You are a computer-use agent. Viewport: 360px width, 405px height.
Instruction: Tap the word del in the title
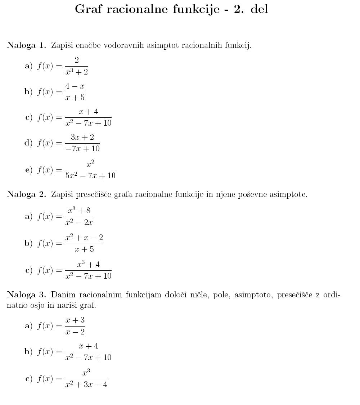click(x=259, y=9)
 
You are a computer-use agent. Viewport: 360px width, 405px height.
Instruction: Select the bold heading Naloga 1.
click(x=27, y=45)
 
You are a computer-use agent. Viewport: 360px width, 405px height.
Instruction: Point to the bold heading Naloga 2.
click(x=27, y=195)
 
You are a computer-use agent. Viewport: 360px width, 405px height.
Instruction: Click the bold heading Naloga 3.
click(x=27, y=295)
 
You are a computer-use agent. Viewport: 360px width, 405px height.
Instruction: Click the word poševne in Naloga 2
click(x=259, y=195)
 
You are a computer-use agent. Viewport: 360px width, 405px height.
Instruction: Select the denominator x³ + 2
click(x=76, y=72)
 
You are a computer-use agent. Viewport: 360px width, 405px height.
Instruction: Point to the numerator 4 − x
click(x=75, y=86)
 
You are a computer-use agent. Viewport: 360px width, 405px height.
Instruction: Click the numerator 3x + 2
click(x=82, y=137)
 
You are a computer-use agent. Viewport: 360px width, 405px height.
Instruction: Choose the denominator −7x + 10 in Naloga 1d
click(x=82, y=148)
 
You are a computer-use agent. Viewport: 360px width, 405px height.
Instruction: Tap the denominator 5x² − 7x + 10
click(x=90, y=176)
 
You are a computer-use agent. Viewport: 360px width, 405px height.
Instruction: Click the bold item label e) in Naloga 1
click(x=29, y=170)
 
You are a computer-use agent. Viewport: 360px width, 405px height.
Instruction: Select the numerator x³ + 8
click(x=79, y=211)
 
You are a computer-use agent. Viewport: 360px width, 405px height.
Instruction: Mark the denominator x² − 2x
click(x=79, y=222)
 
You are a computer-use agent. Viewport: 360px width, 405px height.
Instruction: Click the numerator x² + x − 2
click(x=84, y=238)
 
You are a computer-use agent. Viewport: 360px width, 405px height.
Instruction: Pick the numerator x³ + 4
click(x=88, y=265)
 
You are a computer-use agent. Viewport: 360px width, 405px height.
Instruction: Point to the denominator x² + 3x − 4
click(x=86, y=384)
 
